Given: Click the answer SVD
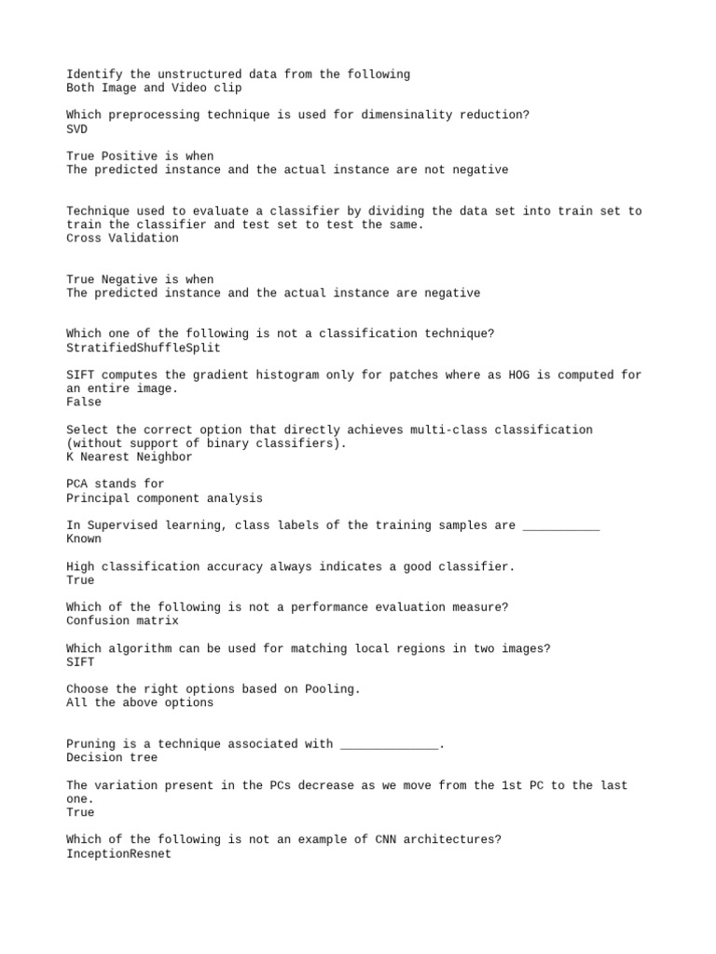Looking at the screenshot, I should pos(77,129).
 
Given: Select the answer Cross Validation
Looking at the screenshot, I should pos(122,238).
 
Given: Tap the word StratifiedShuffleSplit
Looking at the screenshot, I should pos(144,348).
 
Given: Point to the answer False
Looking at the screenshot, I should pos(84,402).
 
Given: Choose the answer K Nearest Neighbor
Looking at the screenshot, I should pos(130,457).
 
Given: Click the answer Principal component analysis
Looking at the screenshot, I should pos(164,498).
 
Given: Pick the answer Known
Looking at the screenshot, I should pos(84,539).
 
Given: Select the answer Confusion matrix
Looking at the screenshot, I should pos(122,621).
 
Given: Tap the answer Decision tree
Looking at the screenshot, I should pos(112,757).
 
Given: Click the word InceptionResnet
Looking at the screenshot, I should pos(119,853).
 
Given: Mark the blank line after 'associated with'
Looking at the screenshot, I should pos(389,745).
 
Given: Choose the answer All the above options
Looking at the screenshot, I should pos(140,703).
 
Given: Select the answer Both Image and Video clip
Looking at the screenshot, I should pos(154,89).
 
